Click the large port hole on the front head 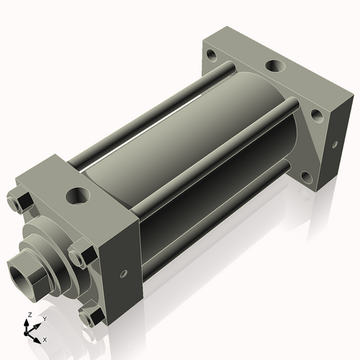pos(75,195)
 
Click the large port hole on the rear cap pos(274,66)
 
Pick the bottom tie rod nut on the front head pos(89,316)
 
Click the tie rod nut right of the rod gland pos(81,256)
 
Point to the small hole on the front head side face pos(123,274)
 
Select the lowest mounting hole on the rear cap pos(307,176)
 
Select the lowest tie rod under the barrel pos(216,216)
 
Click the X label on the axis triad pos(45,338)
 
